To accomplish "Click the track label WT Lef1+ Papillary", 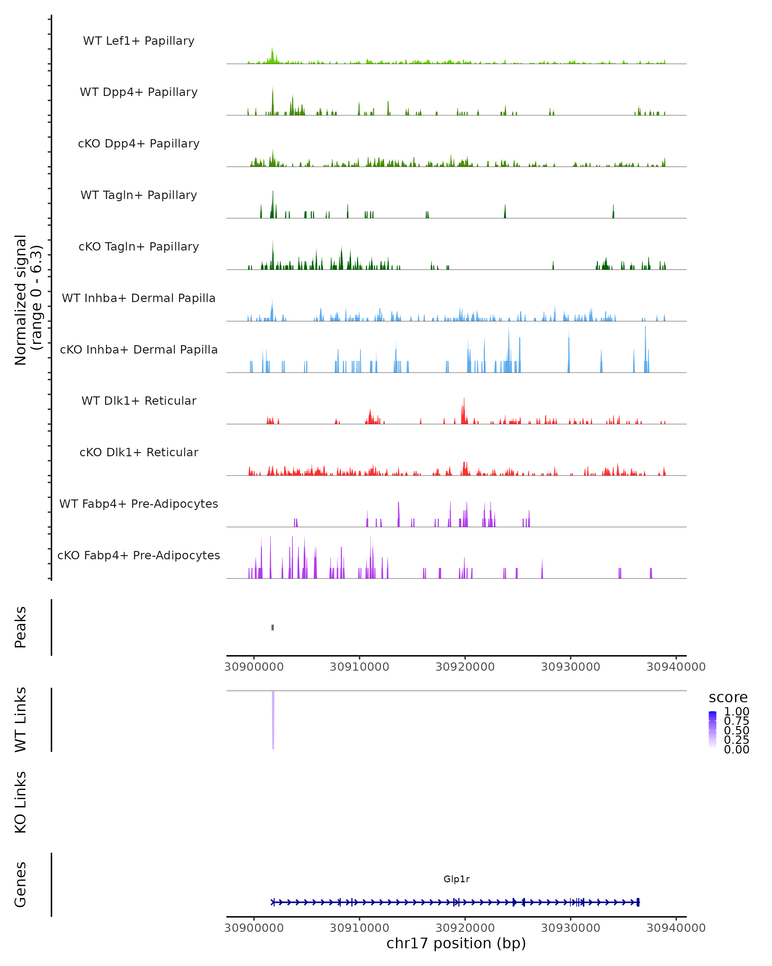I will pos(139,41).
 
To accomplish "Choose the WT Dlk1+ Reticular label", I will pos(139,401).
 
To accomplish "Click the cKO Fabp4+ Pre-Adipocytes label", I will pos(139,555).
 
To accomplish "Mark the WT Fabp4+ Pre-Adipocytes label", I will pos(139,504).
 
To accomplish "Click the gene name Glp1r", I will pos(456,879).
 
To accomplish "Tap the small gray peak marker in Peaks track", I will pos(272,627).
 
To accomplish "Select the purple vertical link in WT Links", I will pos(273,719).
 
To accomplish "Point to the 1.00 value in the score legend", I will pos(736,712).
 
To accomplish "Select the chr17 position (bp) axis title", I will pos(456,943).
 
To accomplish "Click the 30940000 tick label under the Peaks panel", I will pos(676,667).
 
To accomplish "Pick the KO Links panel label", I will pos(21,802).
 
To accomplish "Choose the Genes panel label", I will pos(21,885).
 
